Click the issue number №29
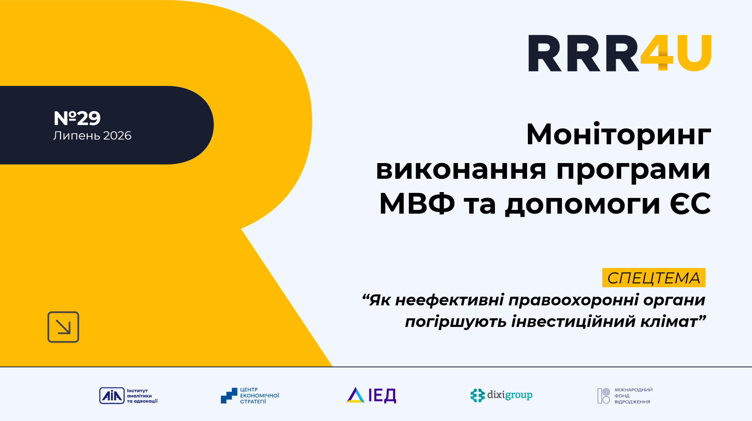coord(77,118)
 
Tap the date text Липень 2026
coord(92,136)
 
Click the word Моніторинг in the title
coord(619,135)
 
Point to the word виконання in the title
coord(461,170)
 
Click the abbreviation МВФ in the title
coord(417,204)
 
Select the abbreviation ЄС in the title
coord(690,204)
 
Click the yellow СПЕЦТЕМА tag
coord(654,278)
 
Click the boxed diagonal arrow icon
coord(63,327)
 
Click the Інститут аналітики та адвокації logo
coord(129,396)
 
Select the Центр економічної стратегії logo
coord(250,396)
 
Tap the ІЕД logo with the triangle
coord(371,395)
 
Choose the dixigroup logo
coord(501,395)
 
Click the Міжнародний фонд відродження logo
coord(625,396)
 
